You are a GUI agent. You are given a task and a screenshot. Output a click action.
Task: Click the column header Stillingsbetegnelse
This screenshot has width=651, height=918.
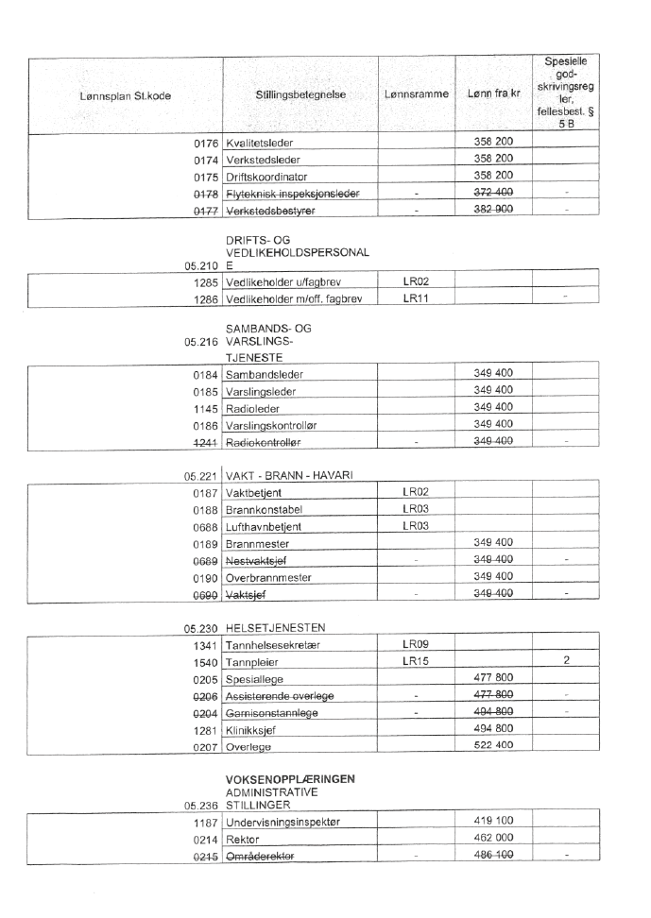click(300, 95)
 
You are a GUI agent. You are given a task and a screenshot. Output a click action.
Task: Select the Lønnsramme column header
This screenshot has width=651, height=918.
click(416, 95)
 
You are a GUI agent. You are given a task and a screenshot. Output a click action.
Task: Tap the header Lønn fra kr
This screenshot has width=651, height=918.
click(492, 95)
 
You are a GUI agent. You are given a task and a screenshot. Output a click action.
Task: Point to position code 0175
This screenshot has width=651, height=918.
click(206, 176)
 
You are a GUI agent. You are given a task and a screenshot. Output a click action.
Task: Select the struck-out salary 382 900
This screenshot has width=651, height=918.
click(492, 210)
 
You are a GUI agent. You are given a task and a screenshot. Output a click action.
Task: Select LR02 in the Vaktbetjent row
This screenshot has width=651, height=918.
click(416, 493)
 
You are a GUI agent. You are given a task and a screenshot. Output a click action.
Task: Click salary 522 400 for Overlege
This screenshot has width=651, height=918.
click(492, 745)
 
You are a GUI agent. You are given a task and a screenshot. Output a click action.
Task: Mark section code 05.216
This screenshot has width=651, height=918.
click(202, 341)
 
